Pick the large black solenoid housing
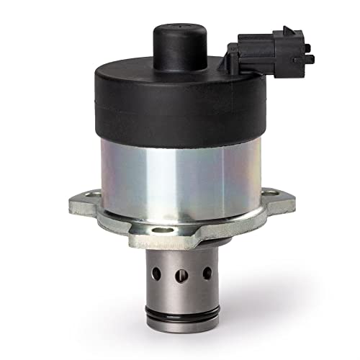(x=180, y=108)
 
